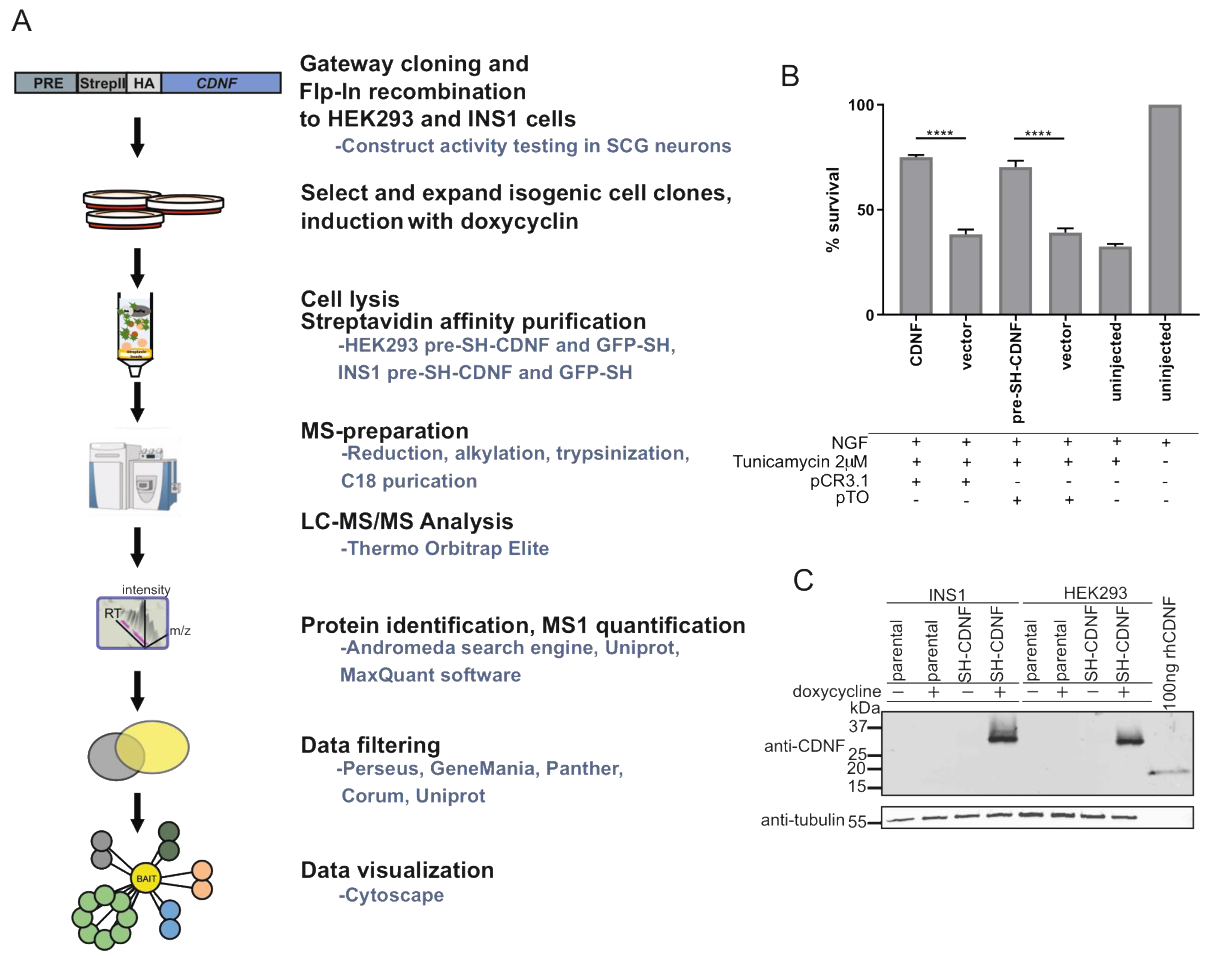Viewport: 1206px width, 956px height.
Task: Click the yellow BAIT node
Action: (x=146, y=878)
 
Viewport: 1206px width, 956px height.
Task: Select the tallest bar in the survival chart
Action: (x=1165, y=210)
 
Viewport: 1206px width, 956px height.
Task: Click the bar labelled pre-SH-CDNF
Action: (x=1015, y=240)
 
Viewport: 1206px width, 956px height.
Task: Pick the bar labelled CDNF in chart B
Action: (x=916, y=235)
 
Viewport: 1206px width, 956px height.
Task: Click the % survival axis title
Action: (x=833, y=210)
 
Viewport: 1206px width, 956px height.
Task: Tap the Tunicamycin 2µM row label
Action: (x=800, y=462)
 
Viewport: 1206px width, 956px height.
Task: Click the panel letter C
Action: (x=803, y=580)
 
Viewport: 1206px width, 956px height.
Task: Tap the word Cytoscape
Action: (x=394, y=895)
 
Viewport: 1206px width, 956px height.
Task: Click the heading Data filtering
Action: (x=370, y=745)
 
